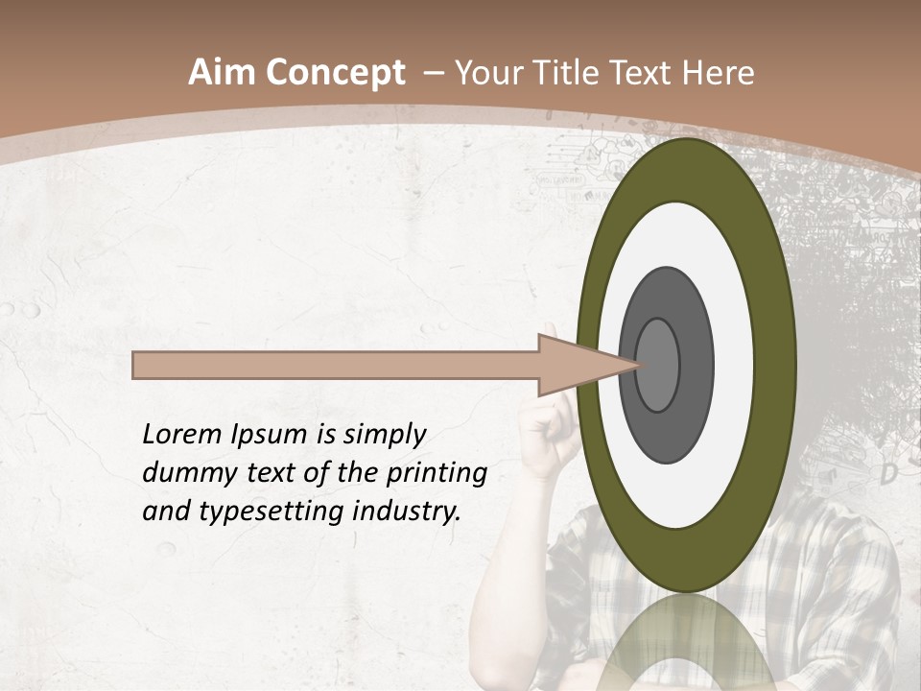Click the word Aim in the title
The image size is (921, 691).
pyautogui.click(x=223, y=73)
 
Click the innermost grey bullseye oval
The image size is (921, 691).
pyautogui.click(x=658, y=365)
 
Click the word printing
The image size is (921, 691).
pyautogui.click(x=437, y=474)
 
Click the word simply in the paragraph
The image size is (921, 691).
pyautogui.click(x=385, y=436)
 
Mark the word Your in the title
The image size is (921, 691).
pyautogui.click(x=485, y=73)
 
